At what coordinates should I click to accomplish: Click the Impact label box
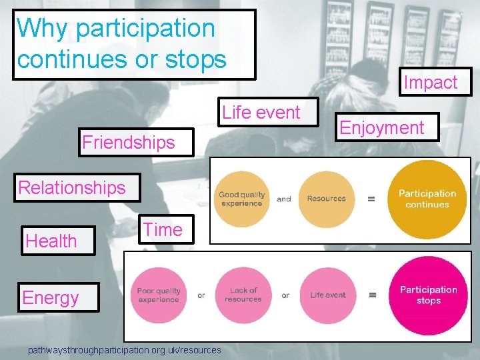click(x=431, y=83)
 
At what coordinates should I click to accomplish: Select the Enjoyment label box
click(x=382, y=127)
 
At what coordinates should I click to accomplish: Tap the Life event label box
click(x=261, y=112)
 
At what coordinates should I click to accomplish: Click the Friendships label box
click(x=129, y=142)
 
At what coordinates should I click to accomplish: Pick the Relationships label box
click(x=72, y=187)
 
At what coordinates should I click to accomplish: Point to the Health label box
click(x=51, y=241)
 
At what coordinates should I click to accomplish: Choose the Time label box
click(x=163, y=229)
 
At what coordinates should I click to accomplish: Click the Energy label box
click(x=51, y=297)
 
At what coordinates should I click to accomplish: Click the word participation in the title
click(x=145, y=28)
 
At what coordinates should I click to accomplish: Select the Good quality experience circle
click(x=242, y=199)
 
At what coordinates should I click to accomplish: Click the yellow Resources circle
click(x=326, y=199)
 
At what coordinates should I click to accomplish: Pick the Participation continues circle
click(x=427, y=199)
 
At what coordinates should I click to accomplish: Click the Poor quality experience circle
click(x=159, y=295)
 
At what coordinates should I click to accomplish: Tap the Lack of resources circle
click(x=243, y=295)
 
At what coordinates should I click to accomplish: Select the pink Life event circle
click(x=327, y=295)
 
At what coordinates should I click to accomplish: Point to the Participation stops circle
click(x=428, y=295)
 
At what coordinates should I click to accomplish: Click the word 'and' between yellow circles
click(x=284, y=199)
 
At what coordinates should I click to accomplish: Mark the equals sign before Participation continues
click(x=371, y=199)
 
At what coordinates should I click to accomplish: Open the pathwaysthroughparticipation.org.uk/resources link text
click(x=125, y=349)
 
